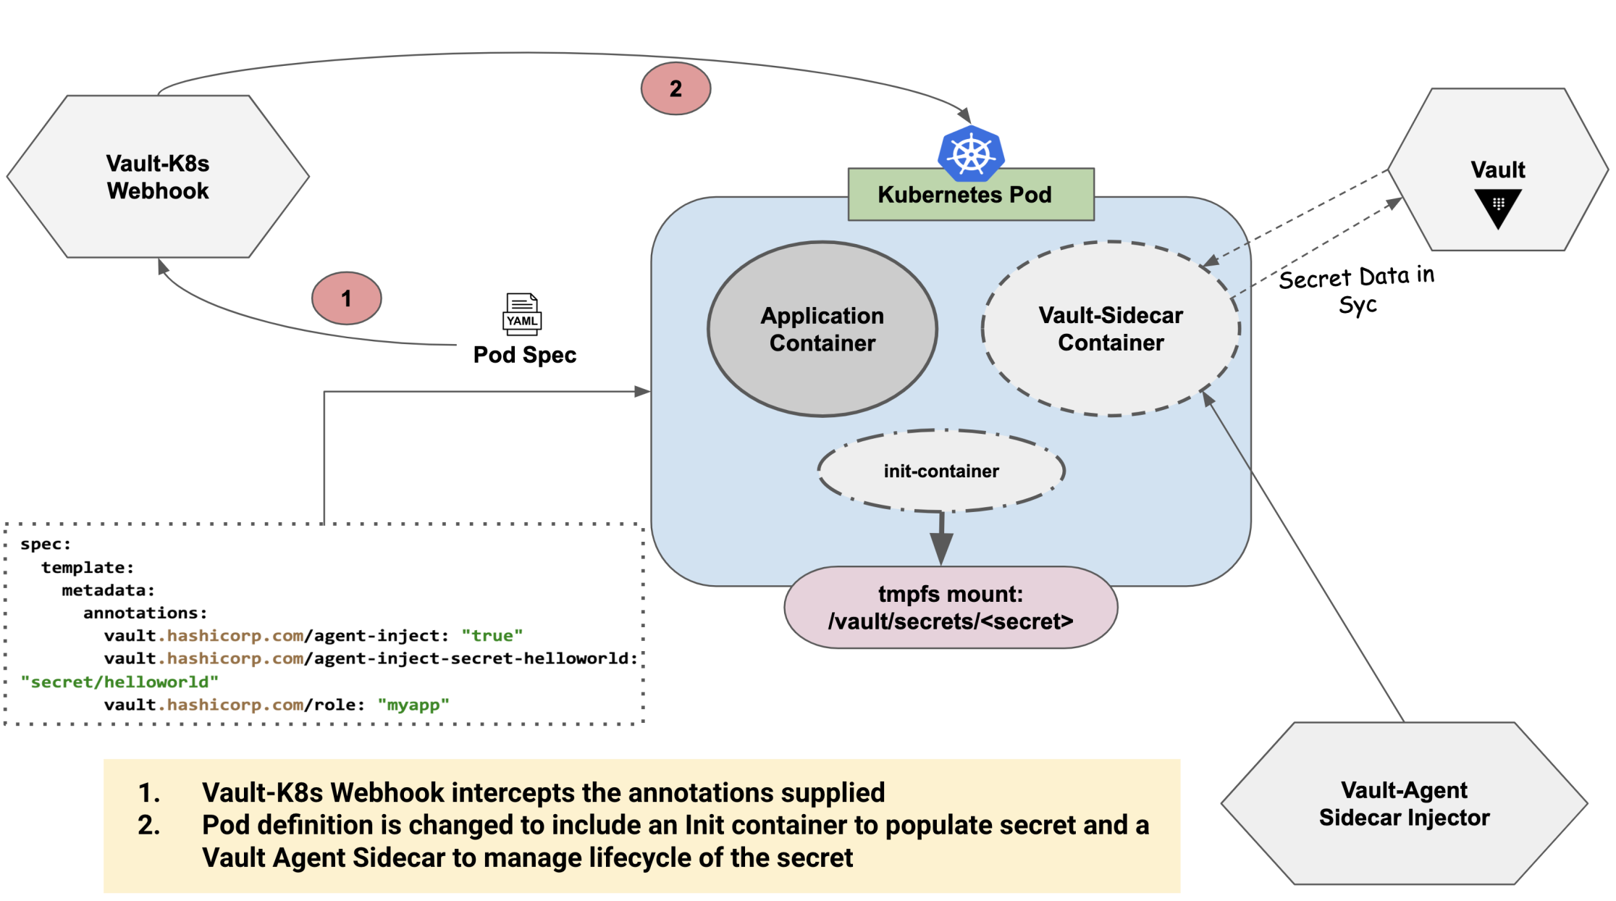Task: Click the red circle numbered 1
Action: pyautogui.click(x=346, y=298)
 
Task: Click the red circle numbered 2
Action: pyautogui.click(x=676, y=88)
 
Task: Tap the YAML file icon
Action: pyautogui.click(x=522, y=314)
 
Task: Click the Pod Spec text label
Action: pyautogui.click(x=524, y=355)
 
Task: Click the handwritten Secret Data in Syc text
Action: pyautogui.click(x=1357, y=290)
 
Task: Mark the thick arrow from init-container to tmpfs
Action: pyautogui.click(x=940, y=539)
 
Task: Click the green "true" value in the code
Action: pyautogui.click(x=492, y=636)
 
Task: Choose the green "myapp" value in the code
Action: pyautogui.click(x=413, y=705)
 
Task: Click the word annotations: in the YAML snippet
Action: pyautogui.click(x=145, y=613)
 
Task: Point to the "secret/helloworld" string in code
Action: pyautogui.click(x=119, y=682)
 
